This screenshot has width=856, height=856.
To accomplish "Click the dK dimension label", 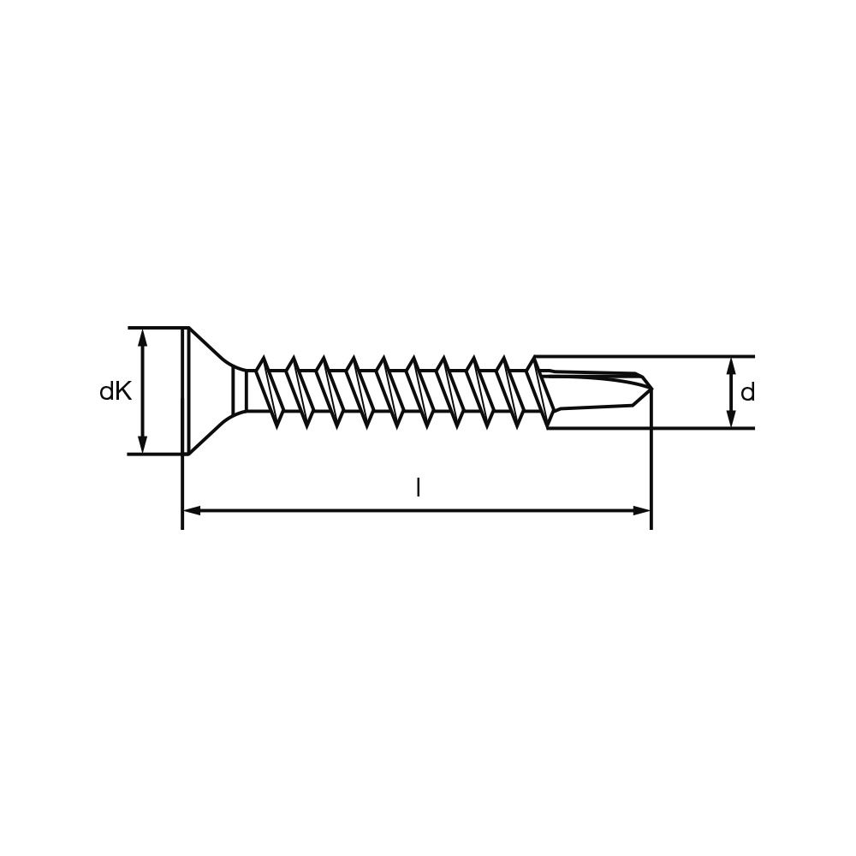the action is [116, 391].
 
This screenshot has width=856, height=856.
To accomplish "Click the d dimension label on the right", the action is [747, 392].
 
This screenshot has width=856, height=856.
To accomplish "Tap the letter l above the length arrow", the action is [419, 488].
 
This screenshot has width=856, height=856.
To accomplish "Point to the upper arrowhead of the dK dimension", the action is [143, 338].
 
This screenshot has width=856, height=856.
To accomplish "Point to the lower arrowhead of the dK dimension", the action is [143, 443].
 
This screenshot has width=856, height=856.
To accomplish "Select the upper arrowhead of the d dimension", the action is [731, 367].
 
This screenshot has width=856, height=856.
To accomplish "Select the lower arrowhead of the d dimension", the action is [731, 418].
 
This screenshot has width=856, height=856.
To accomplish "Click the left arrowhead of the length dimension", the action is [192, 510].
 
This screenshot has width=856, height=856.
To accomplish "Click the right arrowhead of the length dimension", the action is [641, 510].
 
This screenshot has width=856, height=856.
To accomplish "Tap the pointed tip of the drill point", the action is [651, 389].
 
